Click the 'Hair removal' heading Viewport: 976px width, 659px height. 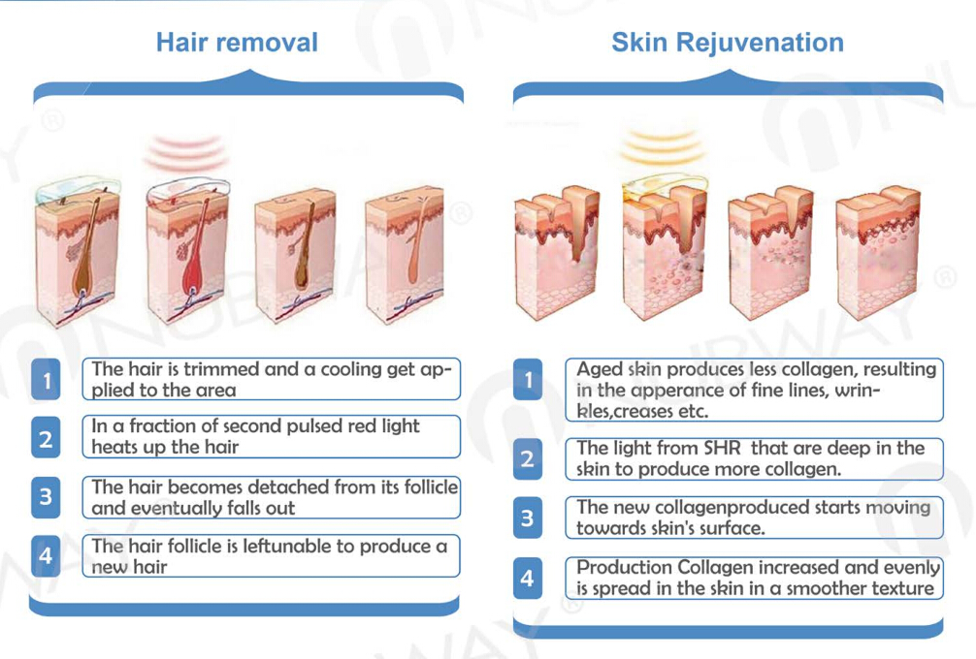click(237, 43)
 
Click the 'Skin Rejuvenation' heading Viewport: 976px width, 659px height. click(728, 43)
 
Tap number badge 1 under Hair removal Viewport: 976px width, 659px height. click(46, 379)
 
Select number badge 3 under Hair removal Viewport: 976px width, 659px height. click(46, 497)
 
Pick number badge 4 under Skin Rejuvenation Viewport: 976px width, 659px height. click(528, 579)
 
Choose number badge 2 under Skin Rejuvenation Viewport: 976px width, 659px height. click(528, 458)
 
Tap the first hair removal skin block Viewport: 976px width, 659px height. click(78, 252)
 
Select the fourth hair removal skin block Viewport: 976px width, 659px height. click(404, 255)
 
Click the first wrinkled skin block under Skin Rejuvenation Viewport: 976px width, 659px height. click(556, 252)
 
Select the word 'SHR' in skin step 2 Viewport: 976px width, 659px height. click(723, 449)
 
